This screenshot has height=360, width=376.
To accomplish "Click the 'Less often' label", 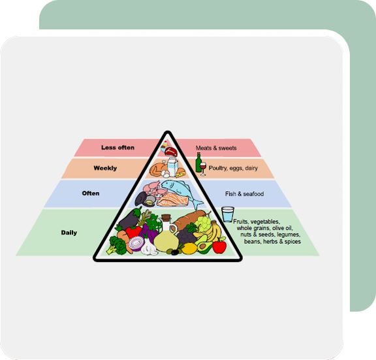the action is [117, 148].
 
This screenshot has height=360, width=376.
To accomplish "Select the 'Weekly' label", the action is [105, 168].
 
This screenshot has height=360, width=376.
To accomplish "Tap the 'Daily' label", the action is [69, 233].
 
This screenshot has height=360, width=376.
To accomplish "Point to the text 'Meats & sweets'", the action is [216, 148].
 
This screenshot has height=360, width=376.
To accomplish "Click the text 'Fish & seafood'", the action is [244, 193].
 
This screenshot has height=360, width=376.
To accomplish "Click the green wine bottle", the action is [198, 163].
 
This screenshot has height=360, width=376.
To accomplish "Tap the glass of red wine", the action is [203, 169].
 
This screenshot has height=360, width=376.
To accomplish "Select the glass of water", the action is [228, 214].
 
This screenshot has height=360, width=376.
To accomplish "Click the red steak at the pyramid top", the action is [171, 152].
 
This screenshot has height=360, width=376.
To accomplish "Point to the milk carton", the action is [172, 167].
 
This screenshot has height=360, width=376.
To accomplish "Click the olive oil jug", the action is [166, 237].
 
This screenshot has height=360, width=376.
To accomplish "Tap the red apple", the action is [219, 246].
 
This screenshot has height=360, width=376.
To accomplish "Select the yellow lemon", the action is [189, 248].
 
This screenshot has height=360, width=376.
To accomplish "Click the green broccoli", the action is [118, 245].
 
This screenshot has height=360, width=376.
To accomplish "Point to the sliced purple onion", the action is [136, 244].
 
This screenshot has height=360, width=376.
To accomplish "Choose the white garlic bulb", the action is [149, 247].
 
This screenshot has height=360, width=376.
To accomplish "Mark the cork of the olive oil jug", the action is [166, 218].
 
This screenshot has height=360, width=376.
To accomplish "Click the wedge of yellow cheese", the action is [181, 173].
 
